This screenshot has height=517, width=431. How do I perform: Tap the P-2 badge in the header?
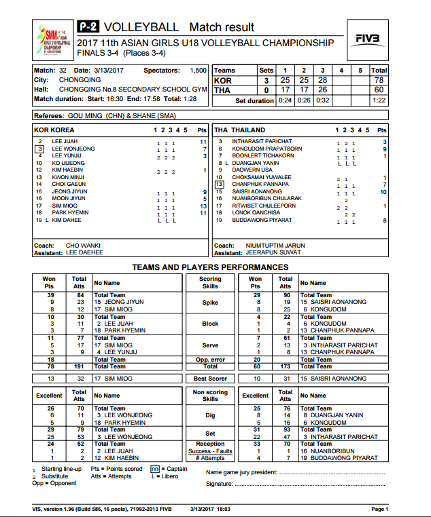pos(88,27)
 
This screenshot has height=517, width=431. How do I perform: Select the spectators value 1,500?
pos(199,71)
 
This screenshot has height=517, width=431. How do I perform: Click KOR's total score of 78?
pos(379,80)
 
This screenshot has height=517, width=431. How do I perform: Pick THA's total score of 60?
pos(379,90)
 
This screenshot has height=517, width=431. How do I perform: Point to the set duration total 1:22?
pos(379,100)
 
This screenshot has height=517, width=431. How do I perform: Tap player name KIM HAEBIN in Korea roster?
pos(68,170)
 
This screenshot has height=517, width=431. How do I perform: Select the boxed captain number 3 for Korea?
pos(41,149)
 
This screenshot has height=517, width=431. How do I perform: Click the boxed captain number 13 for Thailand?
pos(219,184)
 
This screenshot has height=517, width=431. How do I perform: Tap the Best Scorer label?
pos(210,378)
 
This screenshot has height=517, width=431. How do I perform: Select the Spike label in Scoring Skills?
pos(210,303)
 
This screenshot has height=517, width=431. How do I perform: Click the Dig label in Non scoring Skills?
pos(210,415)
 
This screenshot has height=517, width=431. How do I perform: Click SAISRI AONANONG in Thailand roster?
pos(257,191)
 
